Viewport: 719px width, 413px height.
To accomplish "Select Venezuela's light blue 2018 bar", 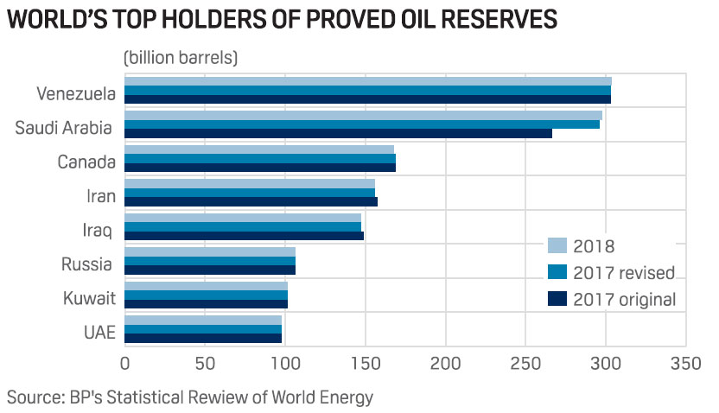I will (x=368, y=81).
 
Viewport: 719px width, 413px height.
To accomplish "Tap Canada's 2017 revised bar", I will (x=260, y=158).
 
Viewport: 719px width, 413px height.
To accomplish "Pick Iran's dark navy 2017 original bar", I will (x=251, y=201).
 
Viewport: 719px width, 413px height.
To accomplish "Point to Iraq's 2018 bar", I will (x=243, y=218).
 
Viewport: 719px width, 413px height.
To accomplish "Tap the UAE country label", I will (x=98, y=333).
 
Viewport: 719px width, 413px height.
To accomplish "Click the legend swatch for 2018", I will (x=557, y=245).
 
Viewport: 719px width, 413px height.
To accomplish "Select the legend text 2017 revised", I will (x=624, y=272).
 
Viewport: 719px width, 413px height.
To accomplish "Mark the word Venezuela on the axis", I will (x=74, y=92).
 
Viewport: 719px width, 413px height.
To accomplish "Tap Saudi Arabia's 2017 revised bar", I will (x=362, y=124).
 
